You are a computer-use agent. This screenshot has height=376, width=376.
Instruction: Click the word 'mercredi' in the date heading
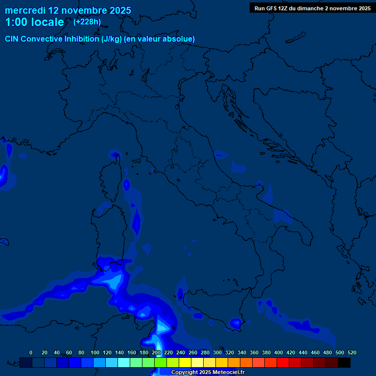click(x=25, y=10)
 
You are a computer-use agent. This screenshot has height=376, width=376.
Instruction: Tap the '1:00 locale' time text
click(x=34, y=22)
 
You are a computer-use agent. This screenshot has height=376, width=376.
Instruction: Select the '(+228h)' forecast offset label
click(x=87, y=22)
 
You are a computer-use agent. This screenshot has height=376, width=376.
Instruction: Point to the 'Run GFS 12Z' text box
click(x=312, y=8)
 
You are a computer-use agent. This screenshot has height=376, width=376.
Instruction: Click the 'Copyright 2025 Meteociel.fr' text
click(x=208, y=373)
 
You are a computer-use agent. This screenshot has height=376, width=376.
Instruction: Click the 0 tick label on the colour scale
click(x=31, y=352)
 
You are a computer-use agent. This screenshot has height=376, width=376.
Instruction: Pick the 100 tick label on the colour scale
click(x=95, y=352)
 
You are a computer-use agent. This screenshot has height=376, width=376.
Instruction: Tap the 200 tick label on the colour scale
click(x=156, y=352)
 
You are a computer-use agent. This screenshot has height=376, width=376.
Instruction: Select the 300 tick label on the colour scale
click(x=217, y=352)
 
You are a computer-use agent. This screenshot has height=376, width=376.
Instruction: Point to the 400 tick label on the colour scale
click(x=279, y=352)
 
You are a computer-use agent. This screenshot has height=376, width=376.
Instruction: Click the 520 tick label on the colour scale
click(x=352, y=352)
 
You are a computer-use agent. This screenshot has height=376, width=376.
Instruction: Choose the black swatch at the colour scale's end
click(x=344, y=362)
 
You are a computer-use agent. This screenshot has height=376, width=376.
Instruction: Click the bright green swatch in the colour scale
click(x=161, y=362)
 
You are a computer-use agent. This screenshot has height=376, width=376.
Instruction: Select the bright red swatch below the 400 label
click(x=283, y=362)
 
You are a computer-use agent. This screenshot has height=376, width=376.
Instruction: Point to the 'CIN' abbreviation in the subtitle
click(x=12, y=39)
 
